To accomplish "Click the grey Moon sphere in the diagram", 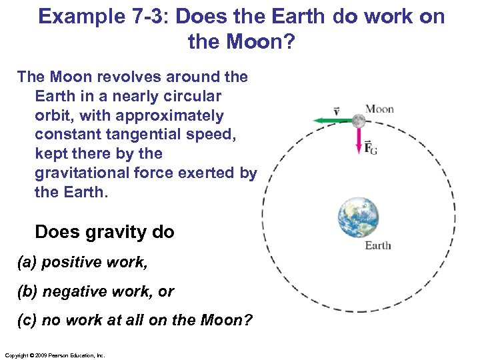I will click(358, 121).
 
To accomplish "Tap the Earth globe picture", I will click(359, 217).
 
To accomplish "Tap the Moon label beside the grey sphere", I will click(379, 109).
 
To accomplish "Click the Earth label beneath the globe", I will click(378, 245).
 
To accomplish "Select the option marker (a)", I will click(27, 262).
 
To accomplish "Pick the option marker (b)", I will click(27, 291).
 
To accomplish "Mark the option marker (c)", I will click(27, 321).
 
